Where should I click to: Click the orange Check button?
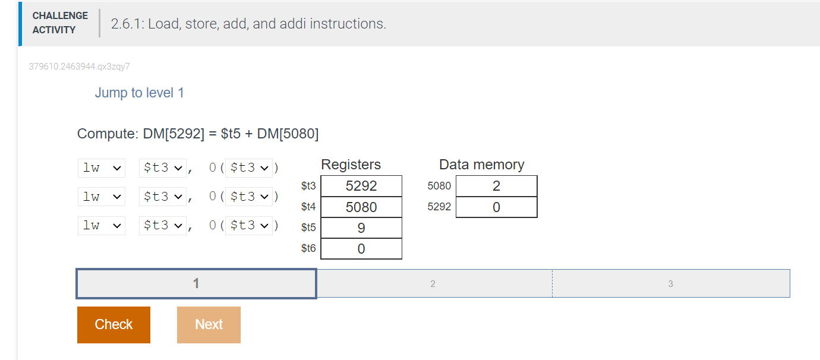click(113, 324)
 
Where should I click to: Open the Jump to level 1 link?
click(139, 93)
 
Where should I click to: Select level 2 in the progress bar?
click(433, 284)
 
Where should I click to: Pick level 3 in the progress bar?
click(670, 284)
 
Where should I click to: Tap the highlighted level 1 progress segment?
click(196, 284)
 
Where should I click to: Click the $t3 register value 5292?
click(361, 186)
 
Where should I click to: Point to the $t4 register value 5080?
click(361, 207)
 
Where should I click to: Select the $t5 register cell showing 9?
click(361, 228)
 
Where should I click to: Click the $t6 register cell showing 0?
click(361, 249)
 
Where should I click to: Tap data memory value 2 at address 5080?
click(496, 186)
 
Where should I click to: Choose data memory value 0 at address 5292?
click(496, 207)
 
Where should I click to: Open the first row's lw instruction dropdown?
click(102, 168)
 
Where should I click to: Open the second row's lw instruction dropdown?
click(102, 197)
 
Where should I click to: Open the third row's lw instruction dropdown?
click(102, 225)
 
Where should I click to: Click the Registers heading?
click(351, 165)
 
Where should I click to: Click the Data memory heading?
click(481, 165)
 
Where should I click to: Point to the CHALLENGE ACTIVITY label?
click(59, 23)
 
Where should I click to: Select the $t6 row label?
click(308, 248)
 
